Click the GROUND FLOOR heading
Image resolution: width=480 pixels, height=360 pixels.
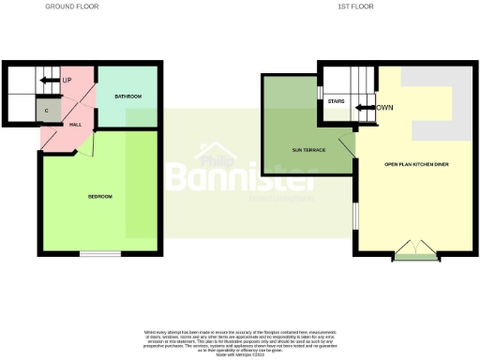pos(72,6)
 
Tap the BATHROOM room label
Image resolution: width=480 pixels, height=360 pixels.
pos(127,97)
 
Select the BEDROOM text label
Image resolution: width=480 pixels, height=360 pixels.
pos(100,196)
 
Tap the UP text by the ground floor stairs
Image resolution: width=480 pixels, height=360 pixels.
pos(67,81)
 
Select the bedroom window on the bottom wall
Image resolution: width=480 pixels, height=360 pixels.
pos(99,253)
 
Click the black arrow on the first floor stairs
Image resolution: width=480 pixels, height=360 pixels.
pos(362,108)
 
